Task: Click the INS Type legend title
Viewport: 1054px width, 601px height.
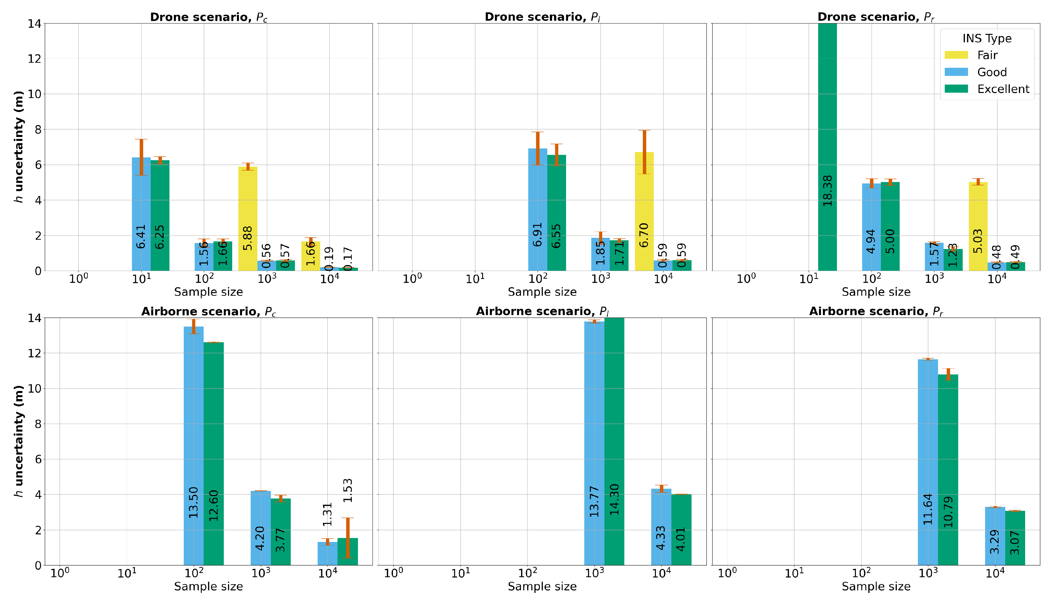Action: point(987,38)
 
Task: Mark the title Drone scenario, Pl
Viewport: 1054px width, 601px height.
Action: point(542,17)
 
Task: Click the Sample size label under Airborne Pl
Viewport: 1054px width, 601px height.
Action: point(542,586)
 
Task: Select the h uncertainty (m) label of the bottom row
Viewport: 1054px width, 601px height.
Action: point(18,441)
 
